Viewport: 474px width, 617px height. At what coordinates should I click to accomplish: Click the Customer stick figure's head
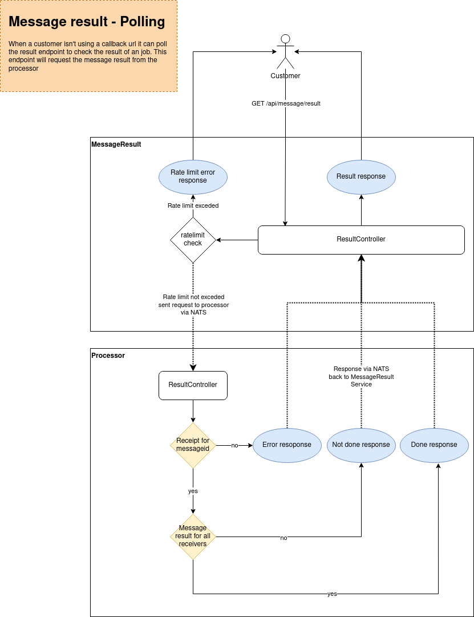point(286,39)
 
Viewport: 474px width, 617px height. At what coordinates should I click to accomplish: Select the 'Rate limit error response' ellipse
point(193,177)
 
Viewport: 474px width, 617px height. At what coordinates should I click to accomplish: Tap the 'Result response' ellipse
point(361,177)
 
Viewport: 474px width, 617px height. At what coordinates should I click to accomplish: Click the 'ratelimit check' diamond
point(193,240)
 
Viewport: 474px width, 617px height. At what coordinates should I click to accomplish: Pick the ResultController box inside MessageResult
point(361,240)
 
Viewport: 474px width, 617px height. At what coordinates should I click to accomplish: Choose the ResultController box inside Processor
point(193,385)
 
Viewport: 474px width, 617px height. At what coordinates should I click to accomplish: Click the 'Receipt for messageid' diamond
point(193,445)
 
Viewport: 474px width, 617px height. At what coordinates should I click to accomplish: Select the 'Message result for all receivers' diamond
point(193,537)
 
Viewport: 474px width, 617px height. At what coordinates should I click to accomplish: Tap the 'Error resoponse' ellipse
point(287,445)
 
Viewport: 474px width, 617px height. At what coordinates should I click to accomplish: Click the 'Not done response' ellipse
point(361,445)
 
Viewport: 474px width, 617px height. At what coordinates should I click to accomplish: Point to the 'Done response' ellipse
point(434,445)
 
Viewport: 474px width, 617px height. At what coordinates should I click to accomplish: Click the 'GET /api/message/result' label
point(286,103)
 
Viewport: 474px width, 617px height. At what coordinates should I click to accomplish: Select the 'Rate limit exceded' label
point(193,205)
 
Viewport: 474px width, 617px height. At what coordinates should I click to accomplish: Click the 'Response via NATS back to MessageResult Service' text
point(361,377)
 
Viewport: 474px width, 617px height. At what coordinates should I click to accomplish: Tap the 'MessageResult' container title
point(116,144)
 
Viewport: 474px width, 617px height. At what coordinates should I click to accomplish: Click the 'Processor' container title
point(108,356)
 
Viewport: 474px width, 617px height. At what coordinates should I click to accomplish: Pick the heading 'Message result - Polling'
point(87,22)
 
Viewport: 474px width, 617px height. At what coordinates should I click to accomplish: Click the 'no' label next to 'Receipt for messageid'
point(234,445)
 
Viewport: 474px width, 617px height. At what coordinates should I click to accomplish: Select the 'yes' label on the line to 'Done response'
point(332,594)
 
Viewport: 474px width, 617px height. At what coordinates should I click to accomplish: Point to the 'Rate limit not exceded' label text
point(193,297)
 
